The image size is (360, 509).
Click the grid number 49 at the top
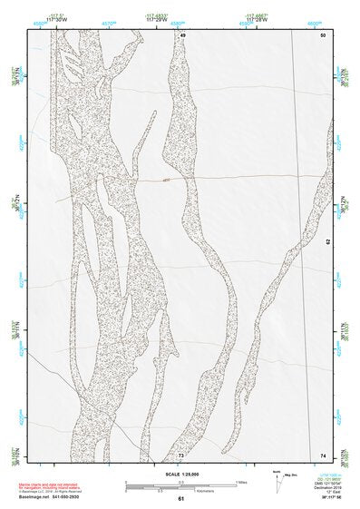181,34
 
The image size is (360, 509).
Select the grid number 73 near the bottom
181,454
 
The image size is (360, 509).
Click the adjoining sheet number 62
329,243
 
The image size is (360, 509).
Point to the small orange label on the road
167,180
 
